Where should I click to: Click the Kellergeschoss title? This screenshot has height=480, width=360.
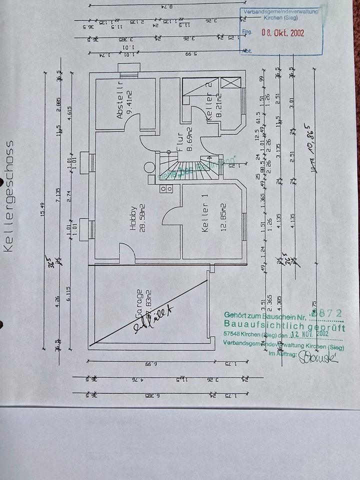[9, 195]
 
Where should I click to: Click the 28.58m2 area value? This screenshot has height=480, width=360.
[142, 218]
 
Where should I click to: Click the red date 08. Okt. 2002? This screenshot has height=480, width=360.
[283, 33]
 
